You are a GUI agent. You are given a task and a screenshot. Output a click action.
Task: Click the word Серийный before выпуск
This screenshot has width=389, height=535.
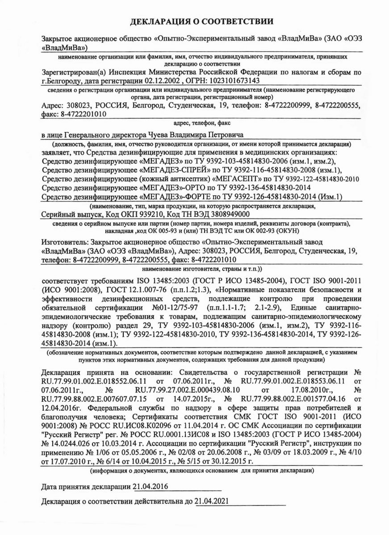[58, 214]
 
